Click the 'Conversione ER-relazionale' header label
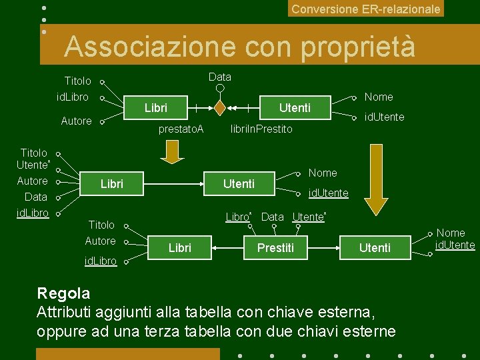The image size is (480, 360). click(366, 9)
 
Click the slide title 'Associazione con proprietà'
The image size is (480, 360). click(239, 47)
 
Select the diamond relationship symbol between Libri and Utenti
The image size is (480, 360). click(219, 107)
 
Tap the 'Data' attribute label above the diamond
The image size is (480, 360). click(219, 77)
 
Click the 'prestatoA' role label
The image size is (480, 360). click(181, 129)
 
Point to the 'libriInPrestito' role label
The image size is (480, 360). click(261, 129)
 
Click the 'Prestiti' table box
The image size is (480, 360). click(275, 248)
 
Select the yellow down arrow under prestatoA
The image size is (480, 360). click(173, 153)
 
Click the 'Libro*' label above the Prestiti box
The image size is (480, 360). click(238, 217)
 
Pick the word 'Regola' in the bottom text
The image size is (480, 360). click(63, 293)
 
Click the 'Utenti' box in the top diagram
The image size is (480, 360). click(295, 108)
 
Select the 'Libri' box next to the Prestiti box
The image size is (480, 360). click(180, 248)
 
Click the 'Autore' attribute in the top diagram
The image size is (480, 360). click(76, 121)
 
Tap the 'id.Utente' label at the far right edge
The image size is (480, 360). click(455, 245)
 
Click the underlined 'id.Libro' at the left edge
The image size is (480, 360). click(33, 213)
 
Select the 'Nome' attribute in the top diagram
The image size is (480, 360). click(379, 97)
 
